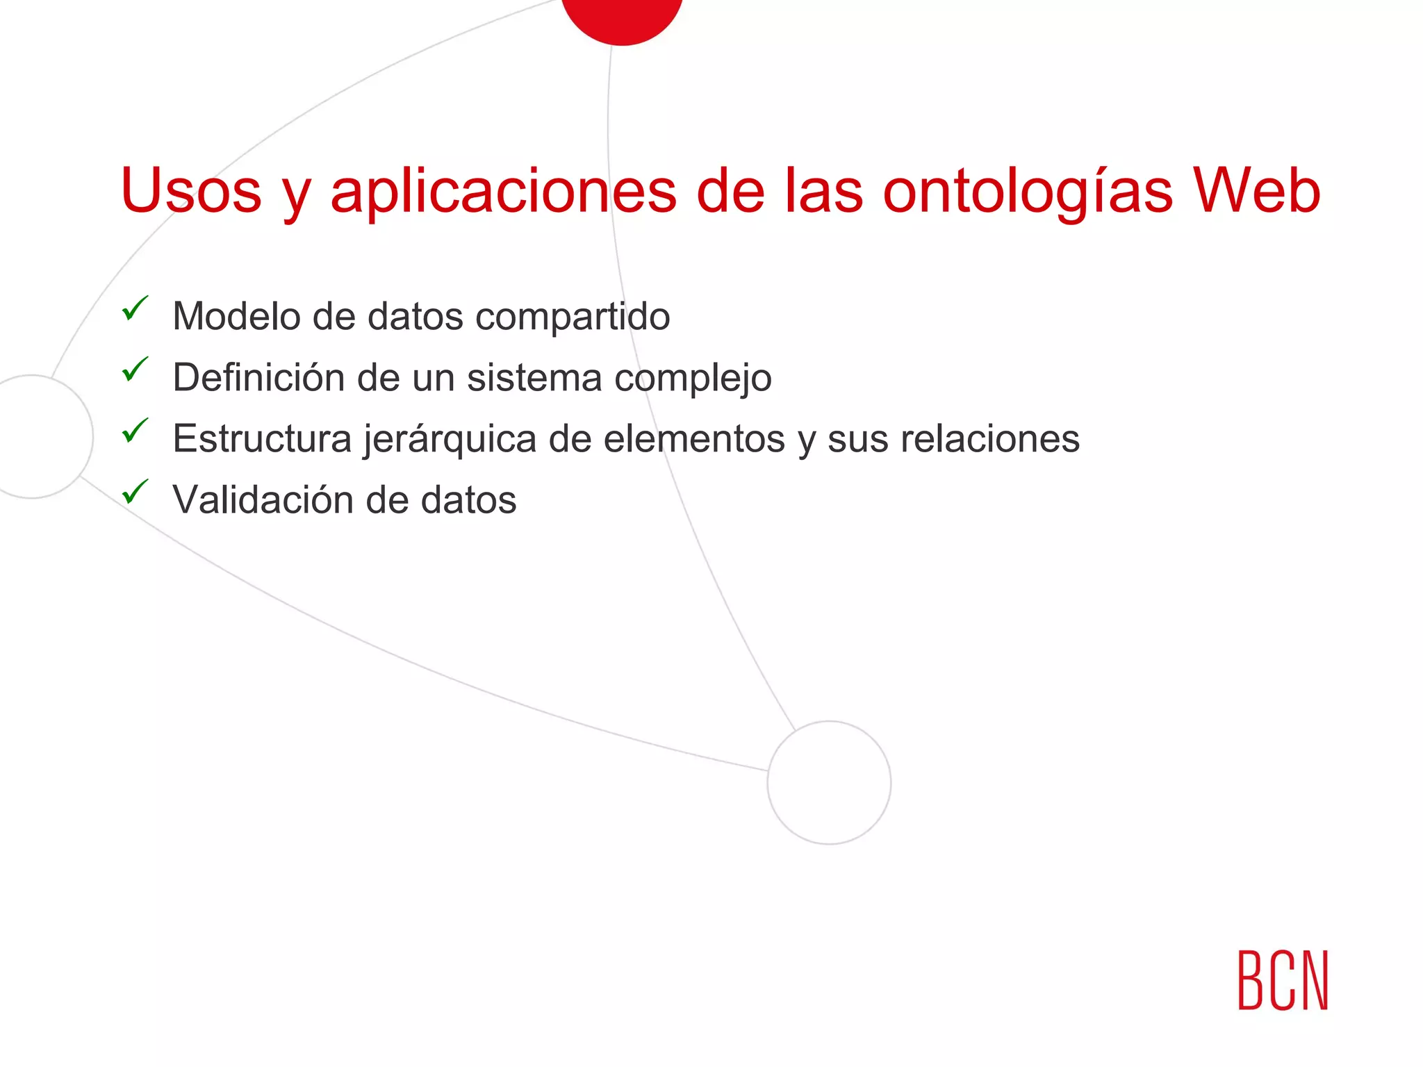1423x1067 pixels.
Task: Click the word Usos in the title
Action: click(191, 190)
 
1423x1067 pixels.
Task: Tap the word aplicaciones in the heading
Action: click(503, 192)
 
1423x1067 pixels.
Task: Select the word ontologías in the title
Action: click(1028, 192)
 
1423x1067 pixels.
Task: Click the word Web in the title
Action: click(1256, 190)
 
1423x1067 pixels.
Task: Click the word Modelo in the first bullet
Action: click(236, 316)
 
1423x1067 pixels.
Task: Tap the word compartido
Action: click(573, 317)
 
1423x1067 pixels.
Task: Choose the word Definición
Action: click(258, 377)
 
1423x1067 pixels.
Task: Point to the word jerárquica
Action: click(450, 440)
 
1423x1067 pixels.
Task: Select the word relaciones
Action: click(990, 439)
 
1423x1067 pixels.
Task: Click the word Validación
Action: click(262, 499)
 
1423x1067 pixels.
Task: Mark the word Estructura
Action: click(262, 439)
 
